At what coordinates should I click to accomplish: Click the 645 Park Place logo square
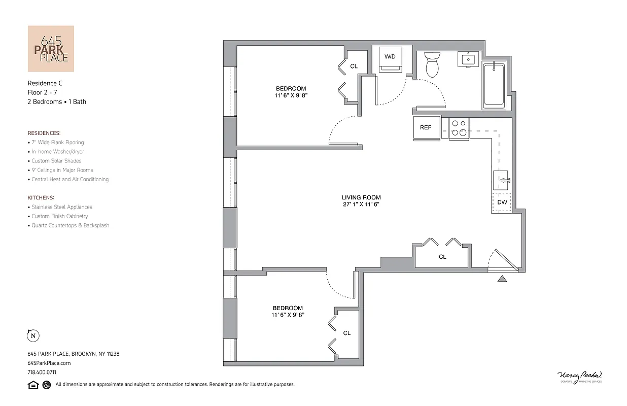[51, 49]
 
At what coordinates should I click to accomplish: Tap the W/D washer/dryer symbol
[390, 59]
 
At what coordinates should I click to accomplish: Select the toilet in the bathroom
[432, 64]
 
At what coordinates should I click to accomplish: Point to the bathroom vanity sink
[468, 59]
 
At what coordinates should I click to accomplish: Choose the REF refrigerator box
[426, 127]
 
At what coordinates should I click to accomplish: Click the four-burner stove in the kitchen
[459, 128]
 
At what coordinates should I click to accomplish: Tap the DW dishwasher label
[502, 202]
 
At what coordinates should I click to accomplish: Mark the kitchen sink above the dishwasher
[502, 180]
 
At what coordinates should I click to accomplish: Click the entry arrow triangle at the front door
[502, 278]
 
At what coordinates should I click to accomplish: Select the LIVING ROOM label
[361, 197]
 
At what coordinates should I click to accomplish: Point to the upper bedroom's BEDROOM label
[291, 89]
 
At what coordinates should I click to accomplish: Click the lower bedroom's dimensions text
[288, 315]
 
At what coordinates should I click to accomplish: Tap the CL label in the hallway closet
[442, 257]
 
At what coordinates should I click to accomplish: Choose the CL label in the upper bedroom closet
[354, 66]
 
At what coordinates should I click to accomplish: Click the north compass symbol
[33, 335]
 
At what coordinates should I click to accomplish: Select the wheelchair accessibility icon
[46, 385]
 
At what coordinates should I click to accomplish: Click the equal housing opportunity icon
[33, 385]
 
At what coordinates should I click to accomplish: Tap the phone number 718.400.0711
[42, 372]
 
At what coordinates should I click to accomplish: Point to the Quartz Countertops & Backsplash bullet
[70, 225]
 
